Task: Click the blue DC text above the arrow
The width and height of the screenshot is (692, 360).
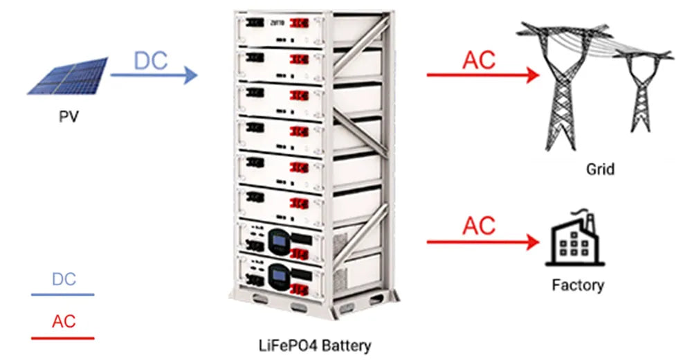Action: pyautogui.click(x=151, y=61)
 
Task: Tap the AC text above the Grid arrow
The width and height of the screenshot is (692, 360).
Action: pyautogui.click(x=479, y=60)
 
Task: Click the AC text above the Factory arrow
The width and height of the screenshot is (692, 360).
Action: pyautogui.click(x=479, y=226)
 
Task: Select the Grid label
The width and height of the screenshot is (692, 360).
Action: pyautogui.click(x=600, y=168)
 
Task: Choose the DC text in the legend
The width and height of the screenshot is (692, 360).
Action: pyautogui.click(x=64, y=280)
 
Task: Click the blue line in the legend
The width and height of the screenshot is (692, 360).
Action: pyautogui.click(x=62, y=295)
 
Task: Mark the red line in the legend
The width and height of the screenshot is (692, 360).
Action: pyautogui.click(x=62, y=338)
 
